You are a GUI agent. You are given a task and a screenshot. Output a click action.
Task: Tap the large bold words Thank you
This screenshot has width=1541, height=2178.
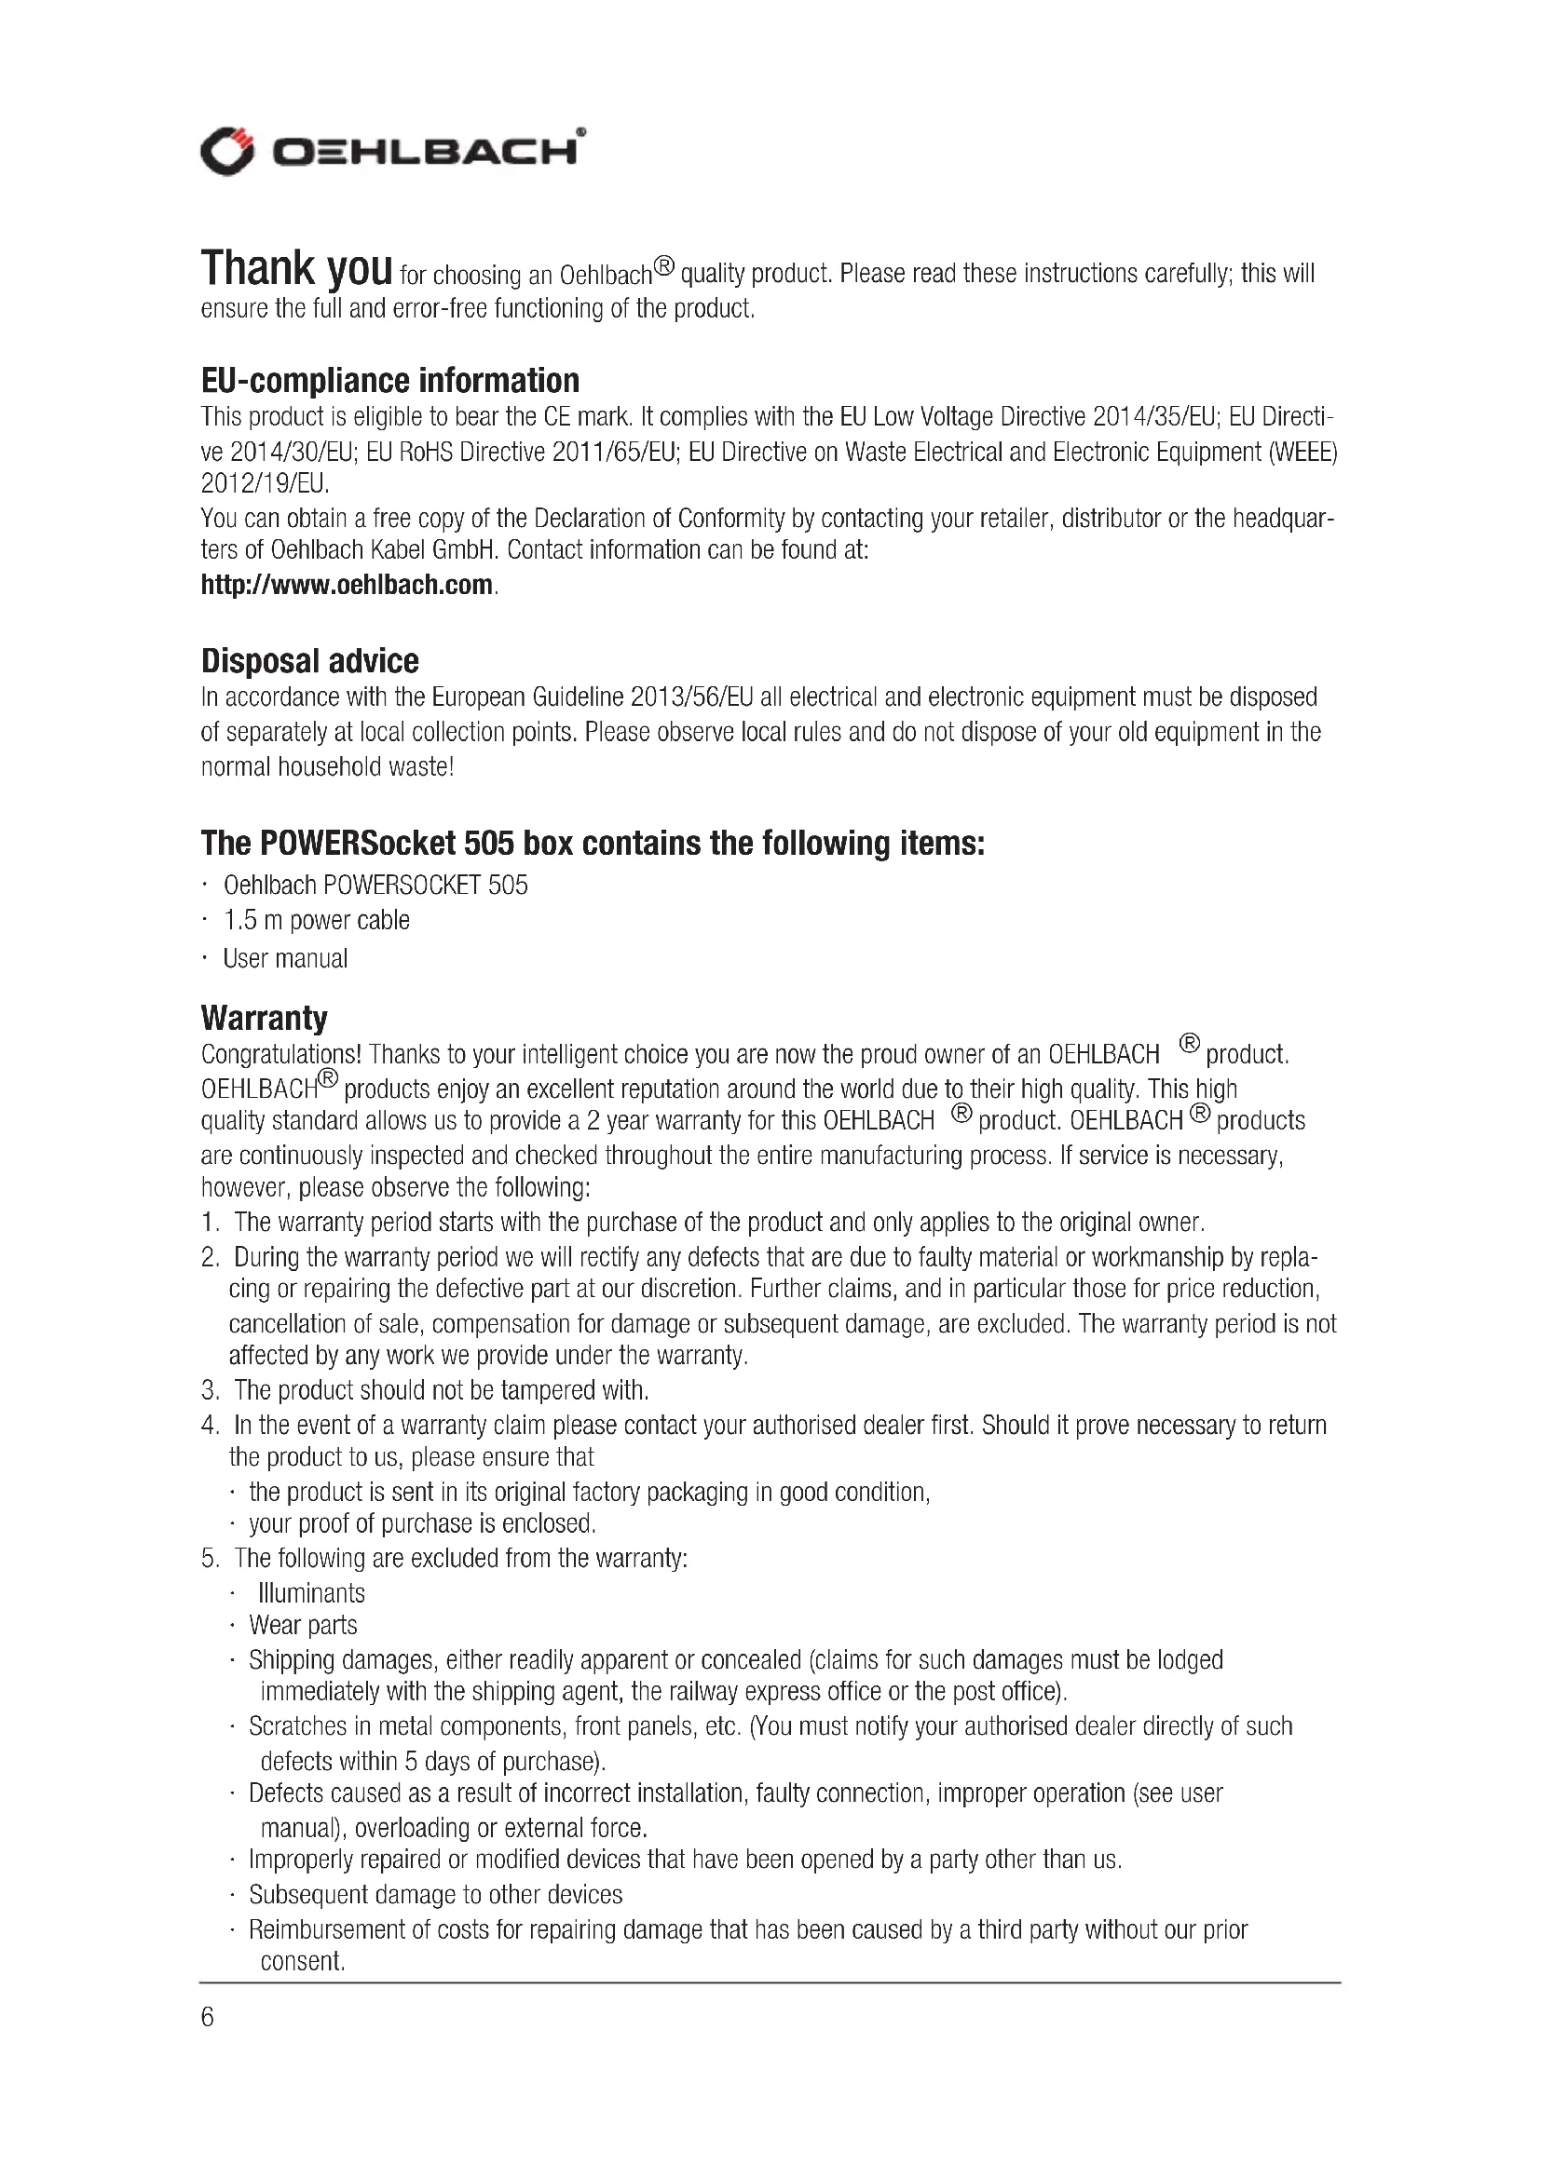(296, 268)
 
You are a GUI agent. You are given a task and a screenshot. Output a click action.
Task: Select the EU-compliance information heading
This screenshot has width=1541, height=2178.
(390, 381)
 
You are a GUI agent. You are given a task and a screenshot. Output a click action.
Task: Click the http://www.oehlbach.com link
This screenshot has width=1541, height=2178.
(348, 585)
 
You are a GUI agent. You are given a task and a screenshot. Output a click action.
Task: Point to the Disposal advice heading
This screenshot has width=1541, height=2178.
(310, 661)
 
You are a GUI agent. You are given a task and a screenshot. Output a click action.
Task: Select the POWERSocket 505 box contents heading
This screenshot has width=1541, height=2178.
(593, 843)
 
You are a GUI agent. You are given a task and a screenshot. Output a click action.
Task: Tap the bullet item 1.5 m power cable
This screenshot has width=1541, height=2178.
(317, 920)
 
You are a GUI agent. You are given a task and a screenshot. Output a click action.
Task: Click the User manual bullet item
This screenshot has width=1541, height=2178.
(286, 958)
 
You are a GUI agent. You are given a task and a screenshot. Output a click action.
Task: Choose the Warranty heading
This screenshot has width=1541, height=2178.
(264, 1018)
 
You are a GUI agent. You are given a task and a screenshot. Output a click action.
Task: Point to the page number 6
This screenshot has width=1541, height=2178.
(208, 2016)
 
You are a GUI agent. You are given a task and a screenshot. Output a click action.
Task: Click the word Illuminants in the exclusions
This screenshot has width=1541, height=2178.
(311, 1592)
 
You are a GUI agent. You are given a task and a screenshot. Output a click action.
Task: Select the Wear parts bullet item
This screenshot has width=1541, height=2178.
(304, 1625)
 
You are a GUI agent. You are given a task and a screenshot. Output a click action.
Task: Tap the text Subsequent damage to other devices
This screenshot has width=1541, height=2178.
(435, 1895)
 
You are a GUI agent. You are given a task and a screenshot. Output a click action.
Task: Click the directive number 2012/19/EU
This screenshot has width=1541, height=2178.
(264, 484)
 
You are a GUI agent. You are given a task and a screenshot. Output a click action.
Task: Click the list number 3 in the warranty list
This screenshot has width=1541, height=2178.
(210, 1390)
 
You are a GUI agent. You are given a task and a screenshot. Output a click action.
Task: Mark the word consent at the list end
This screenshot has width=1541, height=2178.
(302, 1961)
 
